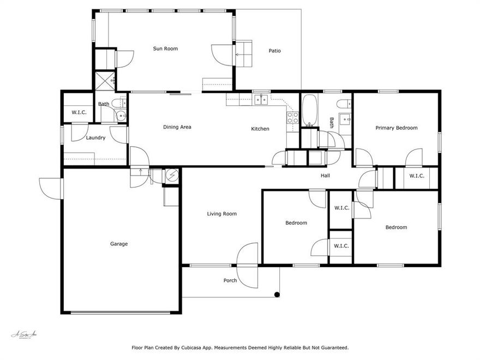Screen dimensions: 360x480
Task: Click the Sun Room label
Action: [x=165, y=49]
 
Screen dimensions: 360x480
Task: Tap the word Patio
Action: [x=274, y=51]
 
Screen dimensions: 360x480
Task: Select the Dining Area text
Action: [x=177, y=127]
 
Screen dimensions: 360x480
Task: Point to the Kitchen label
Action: [x=260, y=129]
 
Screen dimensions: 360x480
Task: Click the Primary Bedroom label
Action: [x=397, y=128]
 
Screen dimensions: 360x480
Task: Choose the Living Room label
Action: [x=222, y=214]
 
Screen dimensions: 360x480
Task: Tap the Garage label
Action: [x=119, y=244]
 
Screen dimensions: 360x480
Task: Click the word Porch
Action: [x=230, y=280]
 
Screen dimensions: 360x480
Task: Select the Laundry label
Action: [x=95, y=137]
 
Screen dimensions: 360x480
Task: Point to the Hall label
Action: [x=325, y=175]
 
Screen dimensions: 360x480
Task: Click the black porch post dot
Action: [x=277, y=295]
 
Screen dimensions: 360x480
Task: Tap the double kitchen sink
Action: [x=261, y=99]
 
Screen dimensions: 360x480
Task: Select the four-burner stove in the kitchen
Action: [x=292, y=117]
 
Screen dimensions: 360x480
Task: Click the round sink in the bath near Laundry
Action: [x=122, y=116]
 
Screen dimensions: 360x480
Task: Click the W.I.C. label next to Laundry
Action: [x=79, y=112]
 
